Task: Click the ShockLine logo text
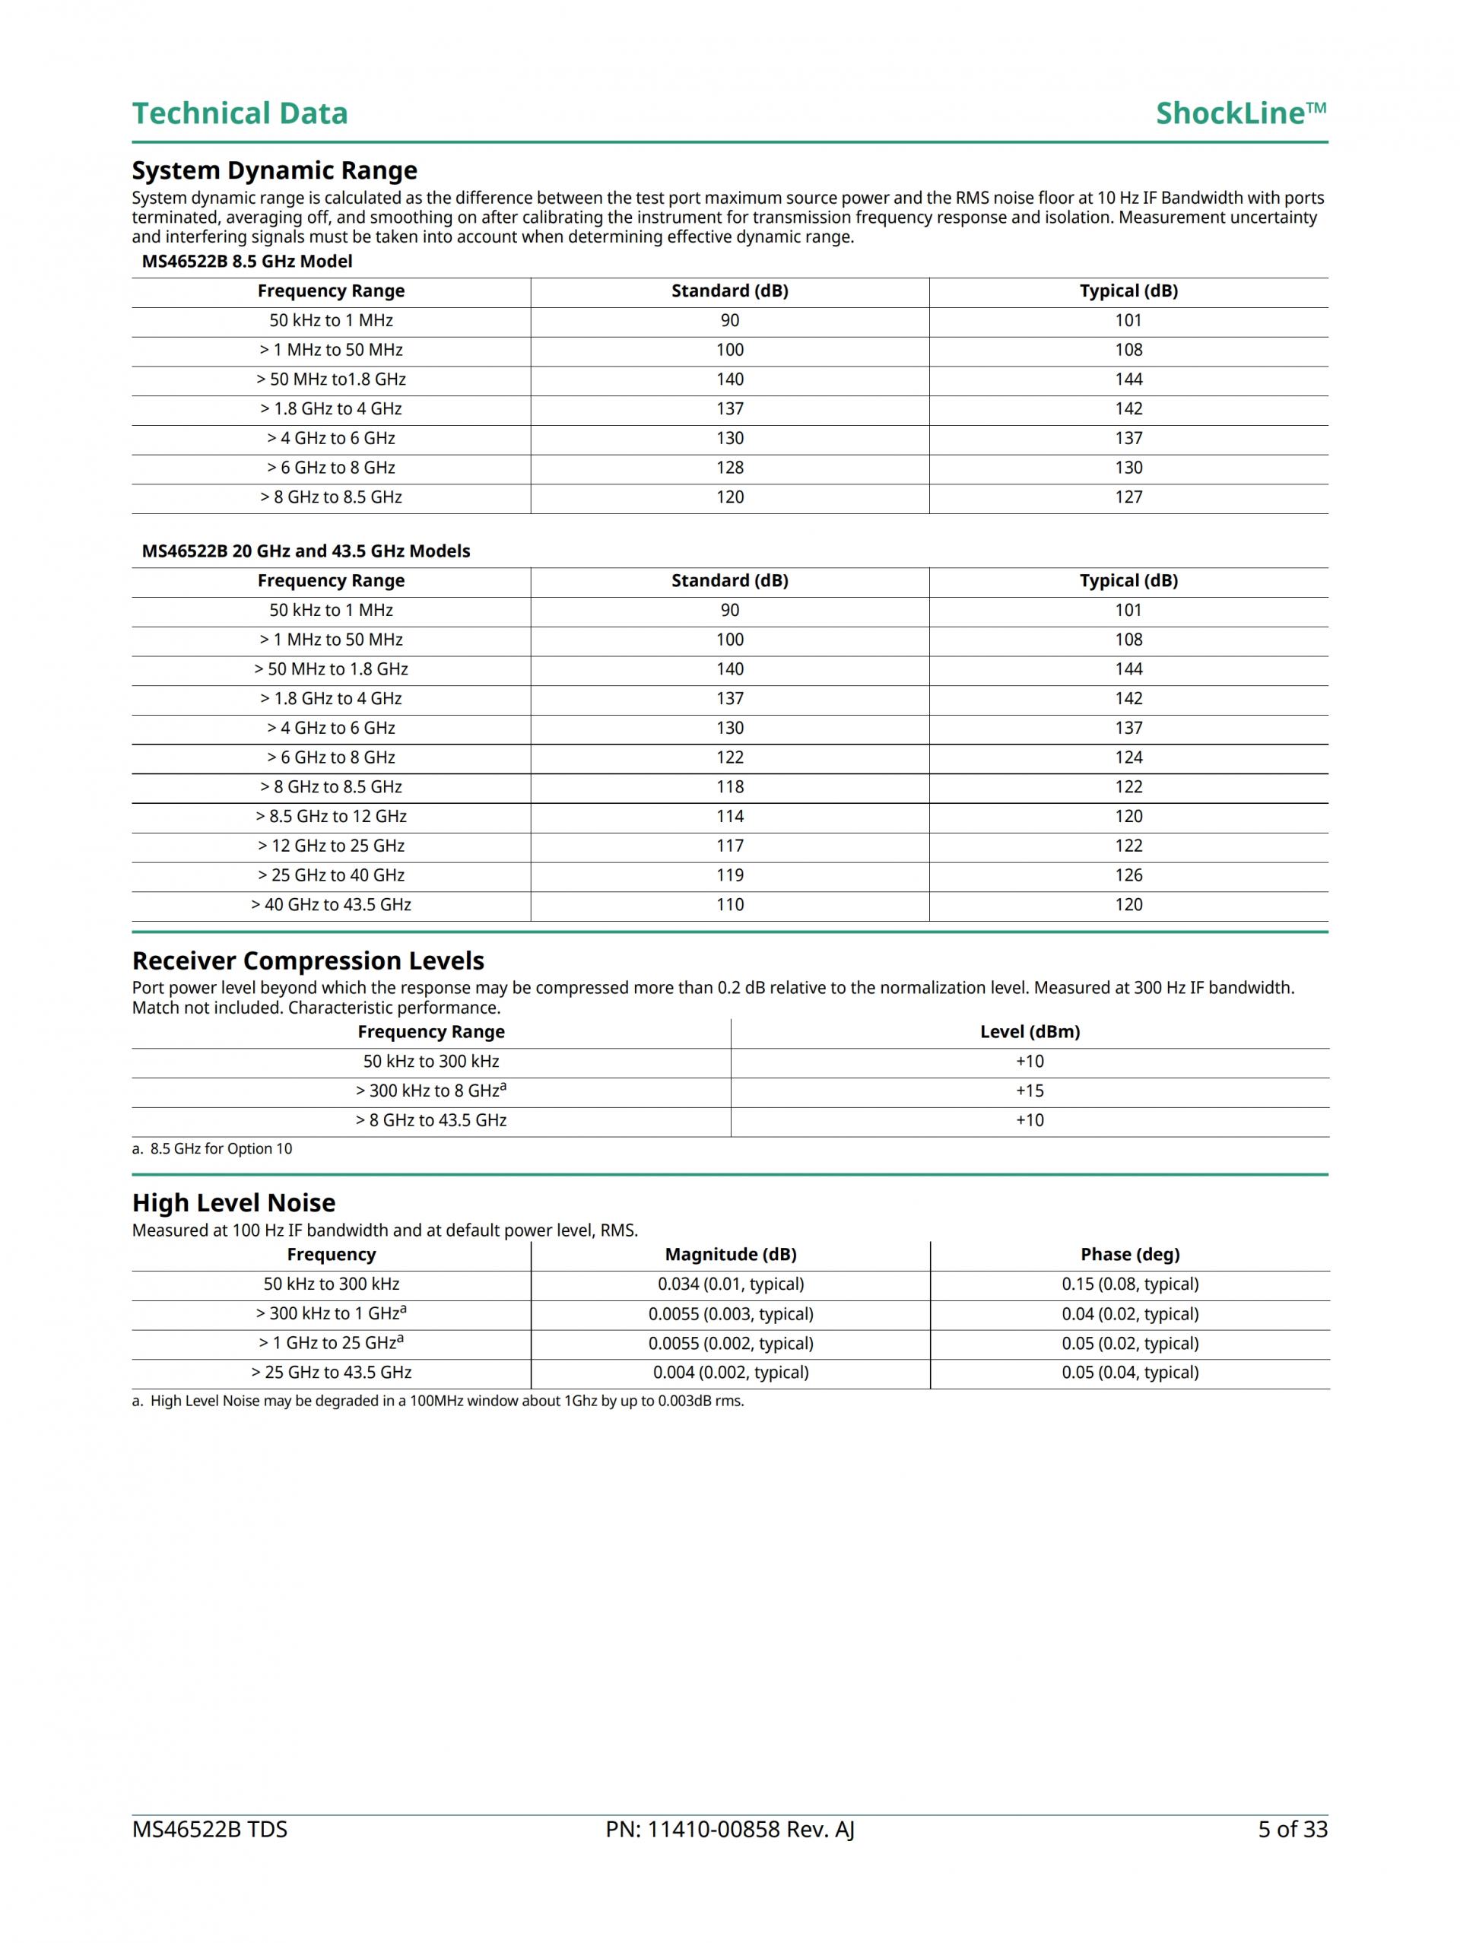point(1239,113)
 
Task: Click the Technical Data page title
point(240,113)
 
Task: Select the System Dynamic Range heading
point(274,170)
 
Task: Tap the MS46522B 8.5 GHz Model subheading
point(247,261)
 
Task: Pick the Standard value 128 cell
point(729,467)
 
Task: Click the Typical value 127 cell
point(1128,497)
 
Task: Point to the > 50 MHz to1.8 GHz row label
point(332,379)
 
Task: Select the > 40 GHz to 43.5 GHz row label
point(332,905)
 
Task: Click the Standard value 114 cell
point(729,816)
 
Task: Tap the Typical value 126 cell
point(1128,875)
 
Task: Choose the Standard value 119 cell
point(729,875)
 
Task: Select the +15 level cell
point(1030,1091)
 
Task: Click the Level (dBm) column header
point(1030,1032)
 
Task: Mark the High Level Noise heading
point(233,1202)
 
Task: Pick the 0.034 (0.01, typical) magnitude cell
point(730,1284)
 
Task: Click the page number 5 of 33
point(1292,1830)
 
